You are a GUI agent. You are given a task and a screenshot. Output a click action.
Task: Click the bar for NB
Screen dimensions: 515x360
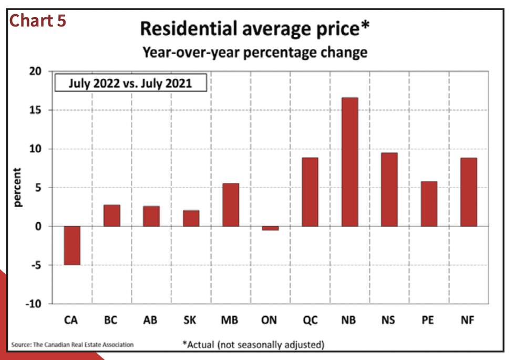point(349,162)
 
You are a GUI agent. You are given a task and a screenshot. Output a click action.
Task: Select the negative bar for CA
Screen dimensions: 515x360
point(73,245)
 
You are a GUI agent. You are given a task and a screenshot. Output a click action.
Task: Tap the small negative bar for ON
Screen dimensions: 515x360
point(270,228)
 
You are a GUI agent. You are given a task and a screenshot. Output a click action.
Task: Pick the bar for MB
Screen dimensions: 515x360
point(231,205)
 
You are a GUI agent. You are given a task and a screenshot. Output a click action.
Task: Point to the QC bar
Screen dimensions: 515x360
point(310,192)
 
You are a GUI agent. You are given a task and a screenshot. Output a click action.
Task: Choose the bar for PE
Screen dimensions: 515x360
point(429,204)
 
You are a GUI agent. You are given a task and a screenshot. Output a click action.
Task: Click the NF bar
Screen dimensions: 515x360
point(469,192)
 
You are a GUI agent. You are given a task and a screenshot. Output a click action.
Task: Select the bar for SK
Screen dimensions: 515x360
point(191,219)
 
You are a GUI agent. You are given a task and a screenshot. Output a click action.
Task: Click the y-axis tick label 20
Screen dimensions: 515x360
point(36,71)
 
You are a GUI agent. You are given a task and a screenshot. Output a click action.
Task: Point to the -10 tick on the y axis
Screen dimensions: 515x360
point(34,304)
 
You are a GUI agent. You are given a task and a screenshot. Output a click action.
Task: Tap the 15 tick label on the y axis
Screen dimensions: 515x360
point(36,110)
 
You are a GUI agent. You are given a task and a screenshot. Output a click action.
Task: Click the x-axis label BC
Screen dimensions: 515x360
point(111,320)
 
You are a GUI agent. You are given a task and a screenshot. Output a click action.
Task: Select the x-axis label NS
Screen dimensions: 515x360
point(388,320)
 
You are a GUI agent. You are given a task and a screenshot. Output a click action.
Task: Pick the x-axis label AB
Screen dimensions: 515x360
point(150,320)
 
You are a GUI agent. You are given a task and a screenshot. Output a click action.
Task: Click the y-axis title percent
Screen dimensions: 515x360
point(17,188)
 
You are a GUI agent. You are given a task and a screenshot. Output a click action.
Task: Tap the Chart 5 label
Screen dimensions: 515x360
point(38,20)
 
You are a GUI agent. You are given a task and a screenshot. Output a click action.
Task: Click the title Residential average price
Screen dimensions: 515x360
point(255,28)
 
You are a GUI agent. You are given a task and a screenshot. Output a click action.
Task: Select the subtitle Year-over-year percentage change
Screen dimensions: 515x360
point(255,53)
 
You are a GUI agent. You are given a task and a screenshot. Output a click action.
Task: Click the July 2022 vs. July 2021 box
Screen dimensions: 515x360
point(131,83)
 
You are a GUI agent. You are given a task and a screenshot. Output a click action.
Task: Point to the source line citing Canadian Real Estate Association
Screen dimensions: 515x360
point(73,345)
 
